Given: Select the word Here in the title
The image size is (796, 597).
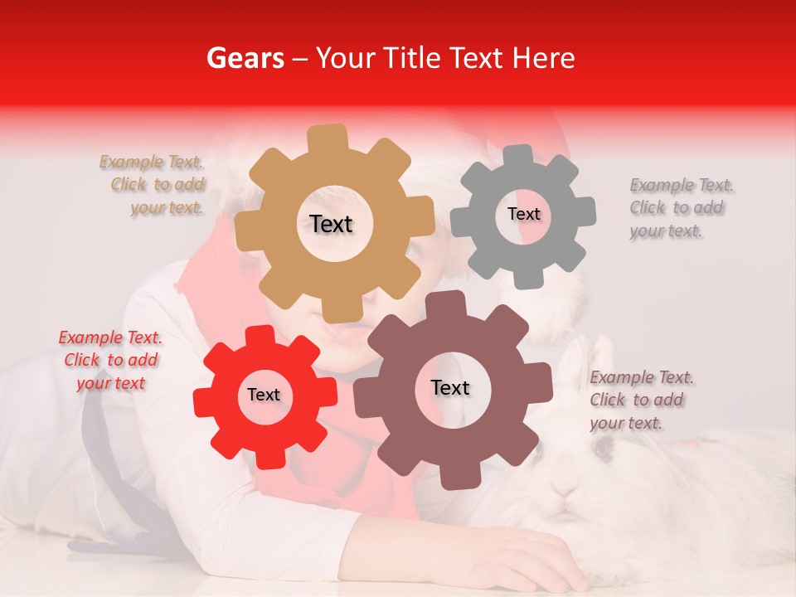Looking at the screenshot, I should coord(543,58).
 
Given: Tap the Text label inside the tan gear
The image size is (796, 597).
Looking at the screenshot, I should coord(331,224).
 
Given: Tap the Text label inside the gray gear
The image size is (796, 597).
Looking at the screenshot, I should coord(523,214).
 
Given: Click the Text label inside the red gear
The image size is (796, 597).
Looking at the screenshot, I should coord(264,396).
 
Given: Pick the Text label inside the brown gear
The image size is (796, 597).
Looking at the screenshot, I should coord(450,387).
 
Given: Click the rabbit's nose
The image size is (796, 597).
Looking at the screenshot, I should coord(566,489).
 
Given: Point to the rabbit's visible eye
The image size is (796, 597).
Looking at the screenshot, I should coord(603,446).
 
